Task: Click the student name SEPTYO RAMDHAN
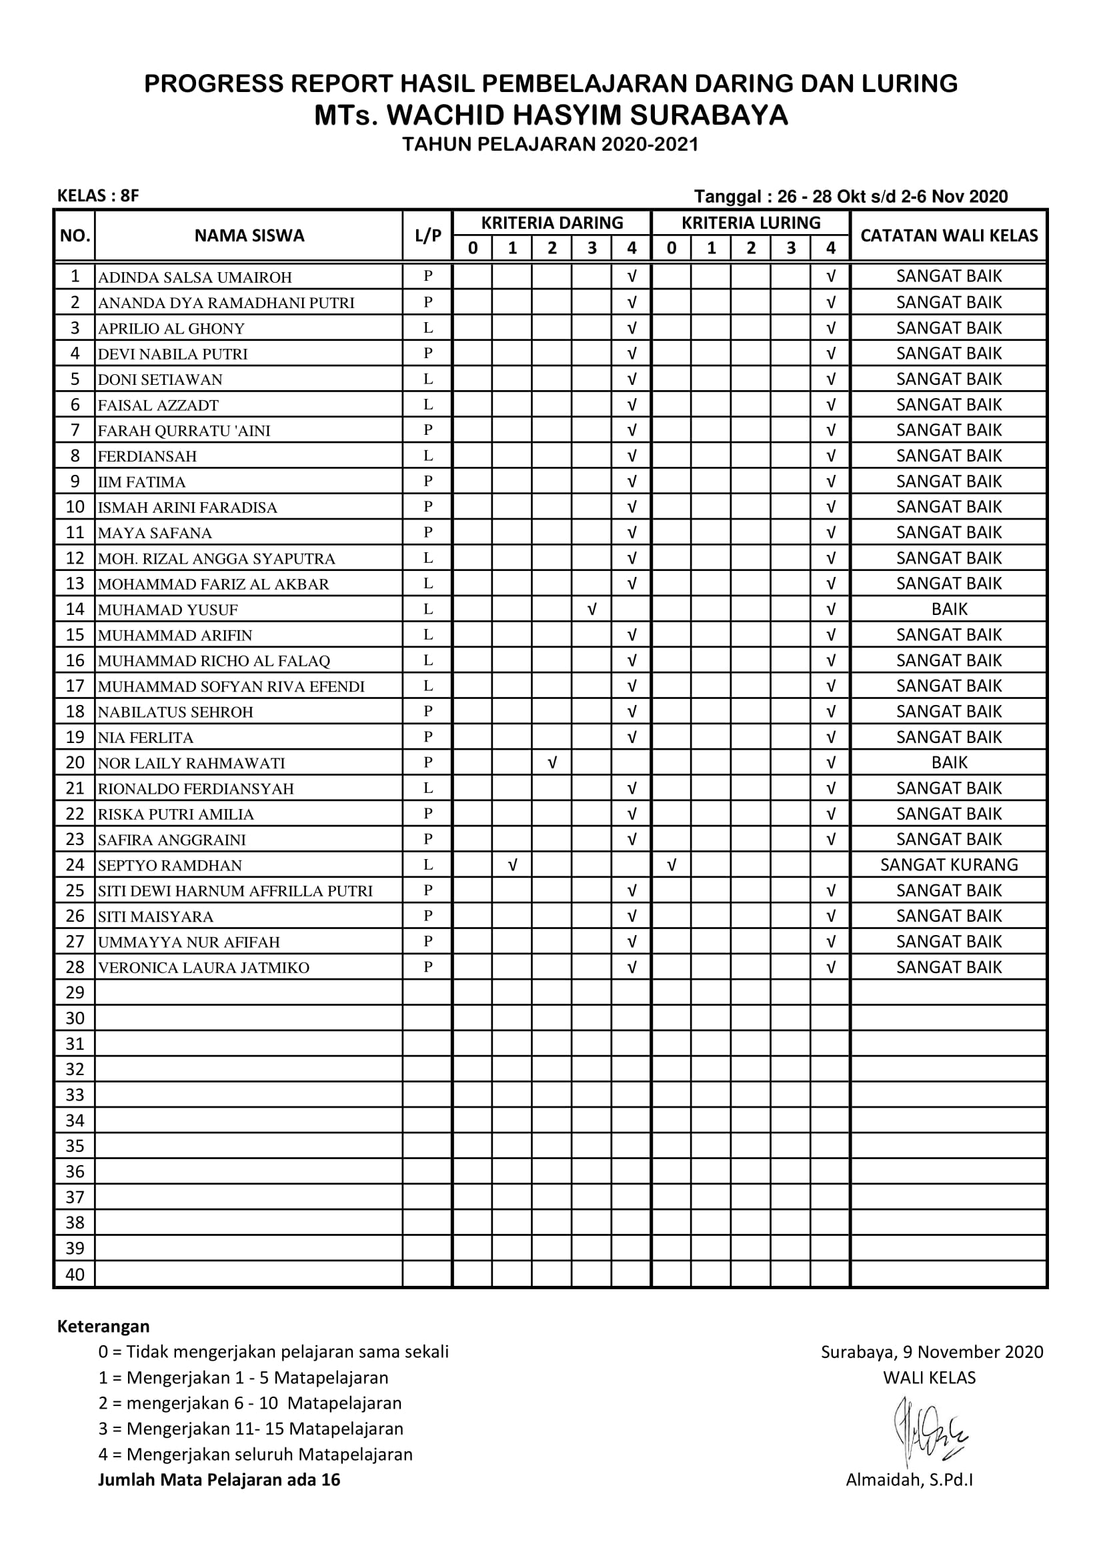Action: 170,866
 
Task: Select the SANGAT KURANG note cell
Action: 949,865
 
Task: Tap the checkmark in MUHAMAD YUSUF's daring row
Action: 592,610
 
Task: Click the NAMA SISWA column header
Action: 249,235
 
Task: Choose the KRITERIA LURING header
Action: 750,223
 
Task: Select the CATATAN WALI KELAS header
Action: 949,235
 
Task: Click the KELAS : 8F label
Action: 98,196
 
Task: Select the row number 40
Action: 75,1275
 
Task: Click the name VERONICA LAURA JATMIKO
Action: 204,968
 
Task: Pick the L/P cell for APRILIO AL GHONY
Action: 428,328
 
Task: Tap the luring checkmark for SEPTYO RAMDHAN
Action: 672,865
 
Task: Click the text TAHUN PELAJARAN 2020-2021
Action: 550,145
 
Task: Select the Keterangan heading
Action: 103,1327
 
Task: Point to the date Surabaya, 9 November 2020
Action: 932,1352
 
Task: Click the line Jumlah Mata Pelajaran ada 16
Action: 219,1480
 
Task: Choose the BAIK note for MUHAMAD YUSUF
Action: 949,610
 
